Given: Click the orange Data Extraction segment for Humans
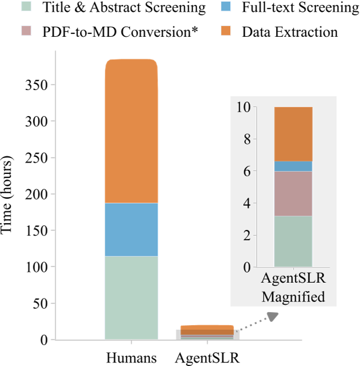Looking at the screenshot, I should [x=131, y=131].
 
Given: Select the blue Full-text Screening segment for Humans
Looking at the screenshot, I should [x=131, y=229].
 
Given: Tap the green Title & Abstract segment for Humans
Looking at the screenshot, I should [x=131, y=297].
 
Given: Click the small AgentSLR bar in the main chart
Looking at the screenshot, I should [x=207, y=333].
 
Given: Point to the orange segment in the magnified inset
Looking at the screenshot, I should [x=293, y=134].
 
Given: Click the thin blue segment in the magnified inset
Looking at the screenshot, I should [x=293, y=166].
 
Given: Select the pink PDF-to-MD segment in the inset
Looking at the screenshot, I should [x=293, y=193].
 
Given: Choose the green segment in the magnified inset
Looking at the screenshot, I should [x=293, y=241].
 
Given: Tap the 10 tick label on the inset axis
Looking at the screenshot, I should [x=244, y=107].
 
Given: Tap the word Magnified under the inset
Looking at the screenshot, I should [x=293, y=296].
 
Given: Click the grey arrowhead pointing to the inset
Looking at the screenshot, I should [x=273, y=316].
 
